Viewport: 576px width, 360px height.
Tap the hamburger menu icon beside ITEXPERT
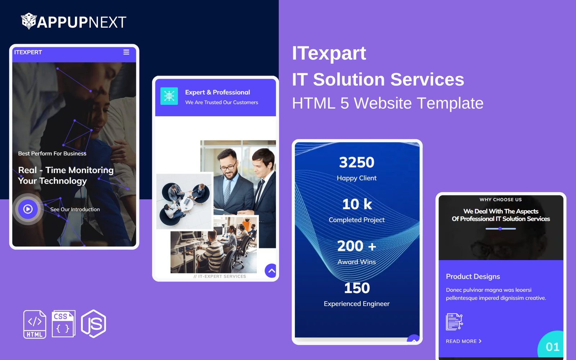[x=126, y=52]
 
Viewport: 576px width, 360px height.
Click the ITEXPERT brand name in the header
[x=28, y=52]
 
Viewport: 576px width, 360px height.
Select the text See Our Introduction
[x=75, y=209]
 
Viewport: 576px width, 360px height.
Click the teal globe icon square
[x=169, y=96]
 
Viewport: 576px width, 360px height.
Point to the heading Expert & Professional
[x=217, y=92]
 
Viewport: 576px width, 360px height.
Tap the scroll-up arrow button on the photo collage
[x=271, y=270]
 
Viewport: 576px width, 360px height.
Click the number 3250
[x=357, y=162]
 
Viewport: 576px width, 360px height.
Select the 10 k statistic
[x=357, y=204]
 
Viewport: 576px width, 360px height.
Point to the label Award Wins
[x=357, y=262]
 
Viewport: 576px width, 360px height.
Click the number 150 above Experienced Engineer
[x=357, y=288]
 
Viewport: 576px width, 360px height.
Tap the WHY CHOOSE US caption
[x=501, y=199]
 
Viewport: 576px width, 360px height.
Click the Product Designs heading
[x=473, y=276]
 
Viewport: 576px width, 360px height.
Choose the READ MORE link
[x=464, y=341]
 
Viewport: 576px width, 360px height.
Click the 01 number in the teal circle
[x=553, y=347]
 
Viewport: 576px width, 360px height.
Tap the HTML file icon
[x=35, y=324]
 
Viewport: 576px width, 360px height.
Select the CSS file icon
[x=63, y=324]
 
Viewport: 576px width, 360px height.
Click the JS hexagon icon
[x=94, y=324]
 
